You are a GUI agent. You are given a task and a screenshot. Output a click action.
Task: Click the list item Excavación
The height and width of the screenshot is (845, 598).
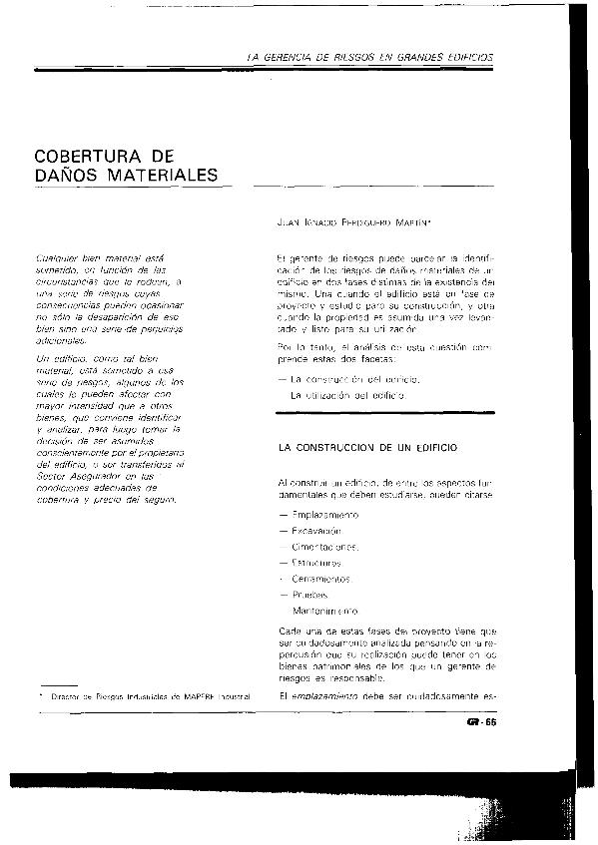point(318,530)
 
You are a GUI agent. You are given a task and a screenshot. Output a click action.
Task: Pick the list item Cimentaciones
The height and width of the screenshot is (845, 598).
point(325,546)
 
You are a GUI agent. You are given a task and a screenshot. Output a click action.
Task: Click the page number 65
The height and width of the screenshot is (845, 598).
point(489,721)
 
